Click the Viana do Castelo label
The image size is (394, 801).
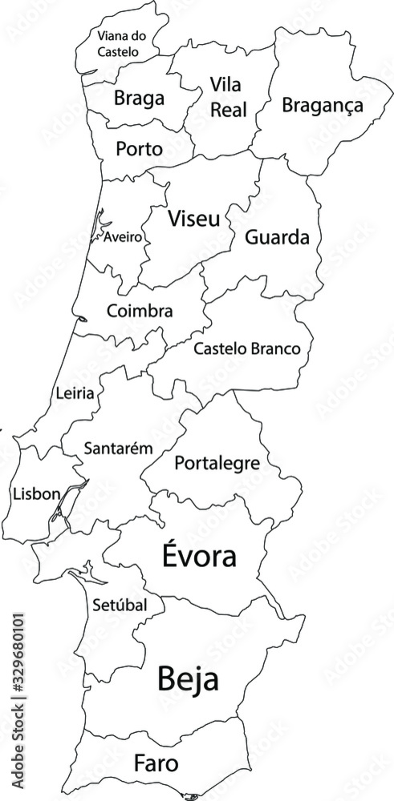click(x=118, y=43)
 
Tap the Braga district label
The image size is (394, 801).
click(x=139, y=99)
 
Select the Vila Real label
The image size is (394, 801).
click(x=228, y=96)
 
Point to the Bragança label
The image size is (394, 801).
click(x=323, y=105)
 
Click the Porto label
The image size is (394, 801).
click(x=139, y=149)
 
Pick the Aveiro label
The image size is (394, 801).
click(x=123, y=237)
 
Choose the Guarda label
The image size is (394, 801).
click(x=277, y=237)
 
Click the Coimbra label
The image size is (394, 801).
click(x=140, y=310)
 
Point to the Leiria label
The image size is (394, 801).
click(x=75, y=393)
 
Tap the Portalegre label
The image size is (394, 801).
click(x=217, y=463)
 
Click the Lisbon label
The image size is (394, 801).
click(x=36, y=494)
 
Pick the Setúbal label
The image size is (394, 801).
click(x=120, y=605)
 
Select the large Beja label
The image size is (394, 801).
click(x=189, y=679)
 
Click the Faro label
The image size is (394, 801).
click(x=156, y=762)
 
